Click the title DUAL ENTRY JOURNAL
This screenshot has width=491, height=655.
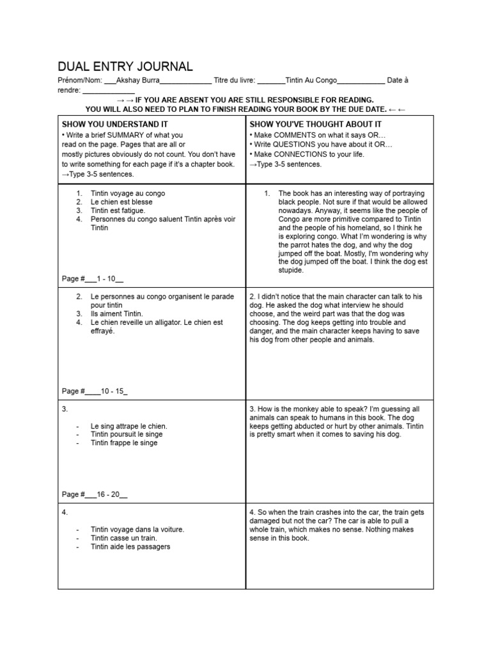click(125, 67)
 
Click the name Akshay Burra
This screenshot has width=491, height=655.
click(137, 80)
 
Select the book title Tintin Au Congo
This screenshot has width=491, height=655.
click(311, 80)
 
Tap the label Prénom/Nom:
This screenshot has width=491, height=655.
click(80, 80)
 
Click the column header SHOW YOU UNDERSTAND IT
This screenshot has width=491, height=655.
click(114, 123)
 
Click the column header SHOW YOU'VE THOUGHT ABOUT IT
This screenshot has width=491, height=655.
click(316, 123)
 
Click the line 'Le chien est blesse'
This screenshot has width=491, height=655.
click(121, 202)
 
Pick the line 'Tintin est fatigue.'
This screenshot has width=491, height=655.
click(118, 210)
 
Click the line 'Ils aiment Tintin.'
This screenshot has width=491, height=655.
click(117, 314)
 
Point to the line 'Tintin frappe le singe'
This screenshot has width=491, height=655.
click(123, 443)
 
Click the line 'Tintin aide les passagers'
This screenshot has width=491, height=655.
click(130, 547)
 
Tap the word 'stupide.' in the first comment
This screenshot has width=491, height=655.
click(291, 271)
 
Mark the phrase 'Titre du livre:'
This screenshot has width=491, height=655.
click(235, 80)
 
